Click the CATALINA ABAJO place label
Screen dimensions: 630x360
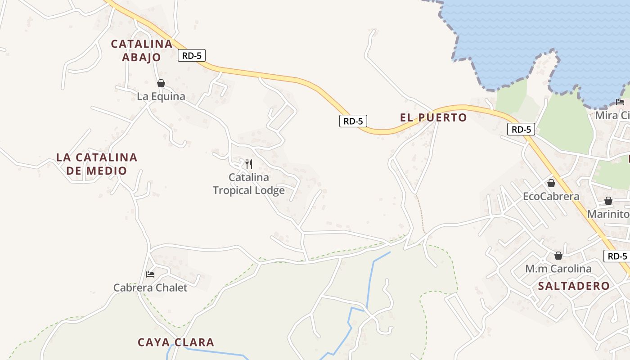pyautogui.click(x=141, y=50)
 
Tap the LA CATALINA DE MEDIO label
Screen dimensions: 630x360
pyautogui.click(x=97, y=164)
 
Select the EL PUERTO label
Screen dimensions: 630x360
pyautogui.click(x=433, y=117)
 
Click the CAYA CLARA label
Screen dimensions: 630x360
pyautogui.click(x=175, y=342)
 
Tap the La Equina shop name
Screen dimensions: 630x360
pyautogui.click(x=161, y=96)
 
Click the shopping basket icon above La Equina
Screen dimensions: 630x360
pyautogui.click(x=161, y=83)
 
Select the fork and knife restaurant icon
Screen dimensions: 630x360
pyautogui.click(x=249, y=164)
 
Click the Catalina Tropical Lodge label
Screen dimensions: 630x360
pyautogui.click(x=249, y=184)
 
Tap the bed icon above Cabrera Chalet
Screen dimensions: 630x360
pyautogui.click(x=150, y=274)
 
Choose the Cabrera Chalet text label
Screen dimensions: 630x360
pyautogui.click(x=150, y=288)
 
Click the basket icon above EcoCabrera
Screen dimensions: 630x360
pyautogui.click(x=551, y=183)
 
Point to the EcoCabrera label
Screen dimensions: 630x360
pyautogui.click(x=551, y=197)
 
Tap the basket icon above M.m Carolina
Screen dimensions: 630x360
pyautogui.click(x=558, y=256)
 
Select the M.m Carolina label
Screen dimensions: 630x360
pyautogui.click(x=558, y=269)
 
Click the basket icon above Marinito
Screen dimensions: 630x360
pyautogui.click(x=608, y=201)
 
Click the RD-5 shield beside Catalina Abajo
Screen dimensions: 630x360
pyautogui.click(x=192, y=55)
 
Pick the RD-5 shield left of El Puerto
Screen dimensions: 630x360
pyautogui.click(x=353, y=121)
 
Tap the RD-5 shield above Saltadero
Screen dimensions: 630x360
pyautogui.click(x=617, y=256)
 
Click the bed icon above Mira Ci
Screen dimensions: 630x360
pyautogui.click(x=620, y=102)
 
